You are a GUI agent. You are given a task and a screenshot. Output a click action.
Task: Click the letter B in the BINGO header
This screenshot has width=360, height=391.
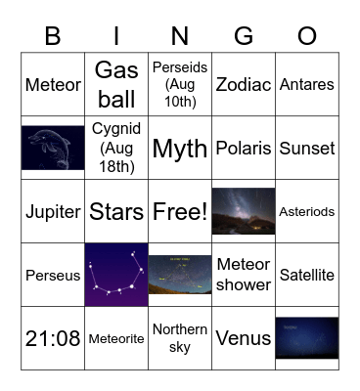53,36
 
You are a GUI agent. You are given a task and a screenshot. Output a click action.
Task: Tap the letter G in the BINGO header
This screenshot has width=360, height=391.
244,36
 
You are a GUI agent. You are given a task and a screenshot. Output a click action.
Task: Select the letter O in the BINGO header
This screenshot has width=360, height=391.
307,36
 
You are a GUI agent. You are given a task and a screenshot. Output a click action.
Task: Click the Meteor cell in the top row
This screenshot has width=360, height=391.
53,85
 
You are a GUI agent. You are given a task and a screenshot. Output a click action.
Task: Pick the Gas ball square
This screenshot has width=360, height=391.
116,85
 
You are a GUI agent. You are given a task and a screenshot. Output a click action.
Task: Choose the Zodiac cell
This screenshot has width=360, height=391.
244,85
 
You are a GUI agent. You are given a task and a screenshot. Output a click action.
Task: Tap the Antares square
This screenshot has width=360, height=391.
307,85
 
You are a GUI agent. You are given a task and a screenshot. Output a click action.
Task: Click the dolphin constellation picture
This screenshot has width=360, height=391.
53,148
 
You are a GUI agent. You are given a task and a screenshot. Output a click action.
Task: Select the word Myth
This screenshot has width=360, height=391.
180,149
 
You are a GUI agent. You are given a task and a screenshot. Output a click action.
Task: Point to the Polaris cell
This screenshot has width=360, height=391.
244,149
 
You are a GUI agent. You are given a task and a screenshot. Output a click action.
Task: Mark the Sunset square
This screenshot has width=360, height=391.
307,149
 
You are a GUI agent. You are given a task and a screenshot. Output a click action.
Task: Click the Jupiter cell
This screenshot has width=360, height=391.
53,212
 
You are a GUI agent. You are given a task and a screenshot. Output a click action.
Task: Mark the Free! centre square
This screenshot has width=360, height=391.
180,212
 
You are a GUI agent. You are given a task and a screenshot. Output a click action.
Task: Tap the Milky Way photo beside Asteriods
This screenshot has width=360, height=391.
244,211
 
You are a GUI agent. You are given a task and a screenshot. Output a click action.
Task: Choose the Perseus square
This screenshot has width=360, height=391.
53,276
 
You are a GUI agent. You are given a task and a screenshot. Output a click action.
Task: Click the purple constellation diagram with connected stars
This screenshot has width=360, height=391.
116,275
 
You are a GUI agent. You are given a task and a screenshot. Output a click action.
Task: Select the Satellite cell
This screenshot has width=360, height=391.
307,276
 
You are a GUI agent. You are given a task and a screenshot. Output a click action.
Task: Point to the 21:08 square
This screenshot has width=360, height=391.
53,339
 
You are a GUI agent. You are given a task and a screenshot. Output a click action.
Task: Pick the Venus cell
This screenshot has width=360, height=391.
244,339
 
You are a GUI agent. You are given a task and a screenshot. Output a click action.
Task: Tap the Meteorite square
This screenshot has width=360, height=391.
116,339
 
